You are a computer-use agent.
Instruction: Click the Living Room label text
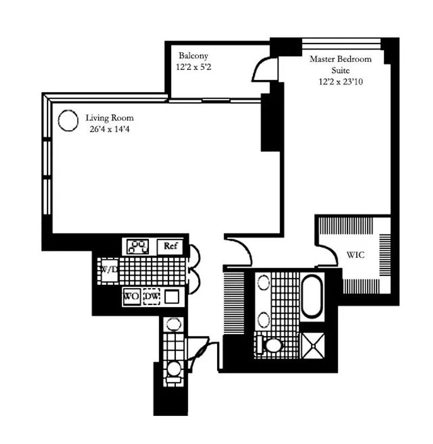(109, 118)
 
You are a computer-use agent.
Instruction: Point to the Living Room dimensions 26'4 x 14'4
(109, 129)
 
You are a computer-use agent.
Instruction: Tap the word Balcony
(193, 56)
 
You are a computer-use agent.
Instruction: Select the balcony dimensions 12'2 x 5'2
(193, 67)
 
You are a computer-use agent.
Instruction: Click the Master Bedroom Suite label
(340, 64)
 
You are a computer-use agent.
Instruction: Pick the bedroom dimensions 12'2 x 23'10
(340, 82)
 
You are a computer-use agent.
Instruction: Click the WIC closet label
(356, 255)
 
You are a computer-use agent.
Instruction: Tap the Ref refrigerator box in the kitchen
(170, 246)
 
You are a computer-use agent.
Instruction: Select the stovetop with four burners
(137, 246)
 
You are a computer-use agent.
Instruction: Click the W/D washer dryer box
(109, 270)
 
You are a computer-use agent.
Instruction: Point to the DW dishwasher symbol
(152, 297)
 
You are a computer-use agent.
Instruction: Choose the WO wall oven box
(132, 297)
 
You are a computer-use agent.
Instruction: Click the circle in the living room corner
(68, 120)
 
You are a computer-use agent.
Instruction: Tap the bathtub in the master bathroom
(312, 296)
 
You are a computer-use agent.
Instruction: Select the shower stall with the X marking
(313, 346)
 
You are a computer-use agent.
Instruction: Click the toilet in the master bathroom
(270, 345)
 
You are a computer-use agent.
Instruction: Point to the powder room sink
(173, 324)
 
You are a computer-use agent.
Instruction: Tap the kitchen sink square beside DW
(172, 297)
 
